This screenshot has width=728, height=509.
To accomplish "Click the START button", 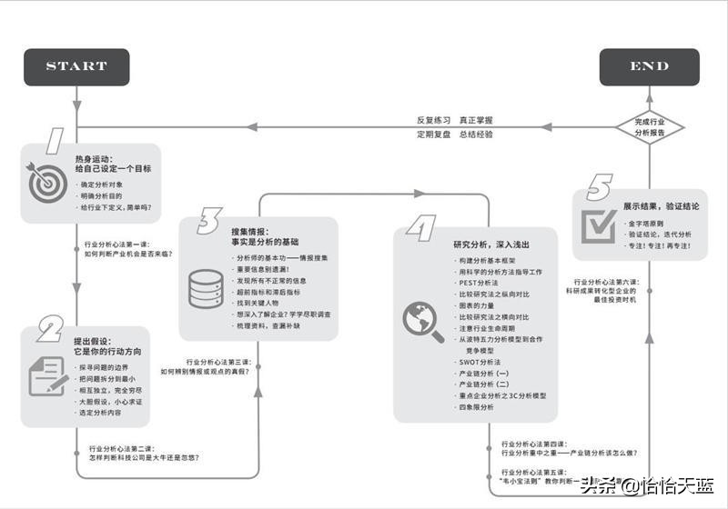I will [x=76, y=66].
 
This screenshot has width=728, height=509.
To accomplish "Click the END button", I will [x=649, y=66].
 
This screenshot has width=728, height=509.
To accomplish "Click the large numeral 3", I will [x=208, y=221].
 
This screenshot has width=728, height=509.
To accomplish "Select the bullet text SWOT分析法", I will [x=480, y=362].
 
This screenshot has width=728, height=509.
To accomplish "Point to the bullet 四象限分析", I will [x=477, y=407].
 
